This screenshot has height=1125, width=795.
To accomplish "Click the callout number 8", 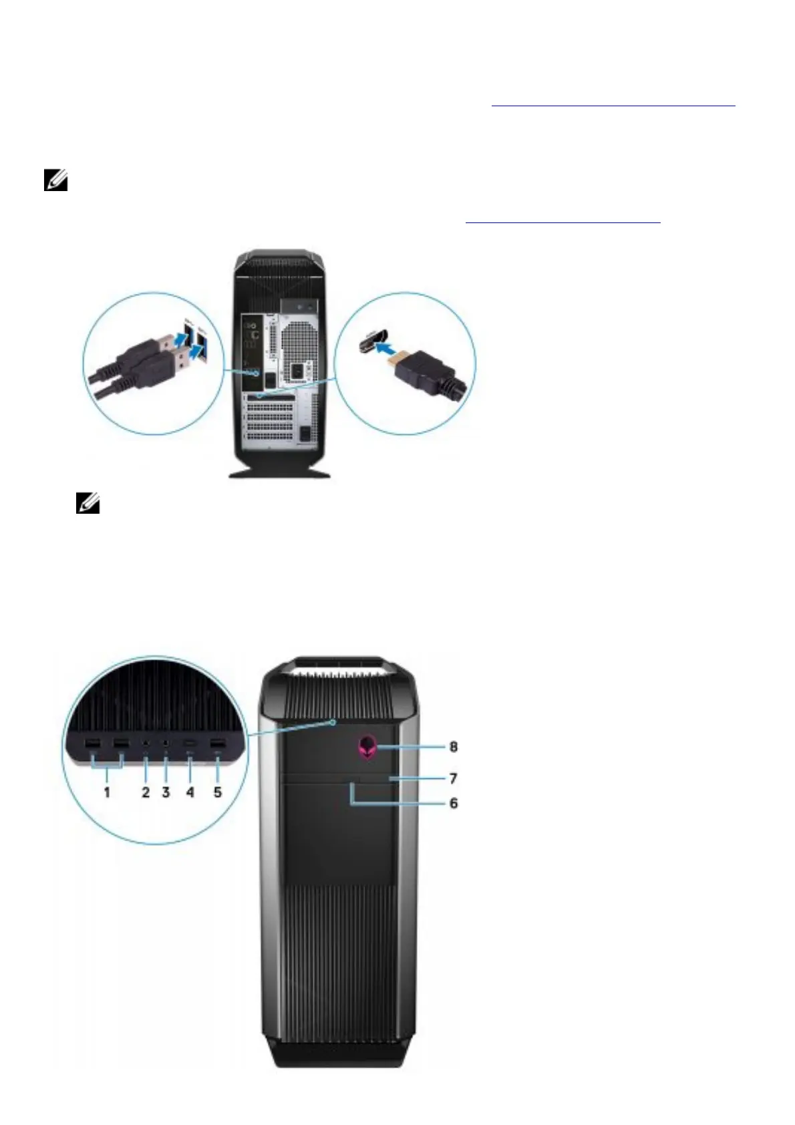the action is tap(454, 747).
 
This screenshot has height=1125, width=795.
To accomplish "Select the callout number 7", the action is tap(453, 779).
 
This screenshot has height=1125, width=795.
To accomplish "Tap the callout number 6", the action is tap(453, 804).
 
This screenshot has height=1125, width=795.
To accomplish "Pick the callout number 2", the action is tap(146, 792).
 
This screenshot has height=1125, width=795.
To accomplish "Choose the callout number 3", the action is tap(166, 792).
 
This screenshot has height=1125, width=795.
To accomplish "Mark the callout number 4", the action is tap(190, 792).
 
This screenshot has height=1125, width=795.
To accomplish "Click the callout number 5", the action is tap(218, 792).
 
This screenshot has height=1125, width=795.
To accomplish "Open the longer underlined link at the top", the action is tap(613, 106).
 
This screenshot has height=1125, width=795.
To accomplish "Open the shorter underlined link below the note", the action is tap(563, 220).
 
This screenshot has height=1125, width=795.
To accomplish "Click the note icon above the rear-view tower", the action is tap(55, 181).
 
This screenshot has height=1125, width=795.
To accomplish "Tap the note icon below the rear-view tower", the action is tap(88, 503).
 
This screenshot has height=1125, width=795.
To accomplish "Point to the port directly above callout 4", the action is tap(191, 744).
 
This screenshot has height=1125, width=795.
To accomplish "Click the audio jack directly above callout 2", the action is tap(145, 743).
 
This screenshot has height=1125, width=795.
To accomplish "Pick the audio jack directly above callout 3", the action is tap(166, 743).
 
